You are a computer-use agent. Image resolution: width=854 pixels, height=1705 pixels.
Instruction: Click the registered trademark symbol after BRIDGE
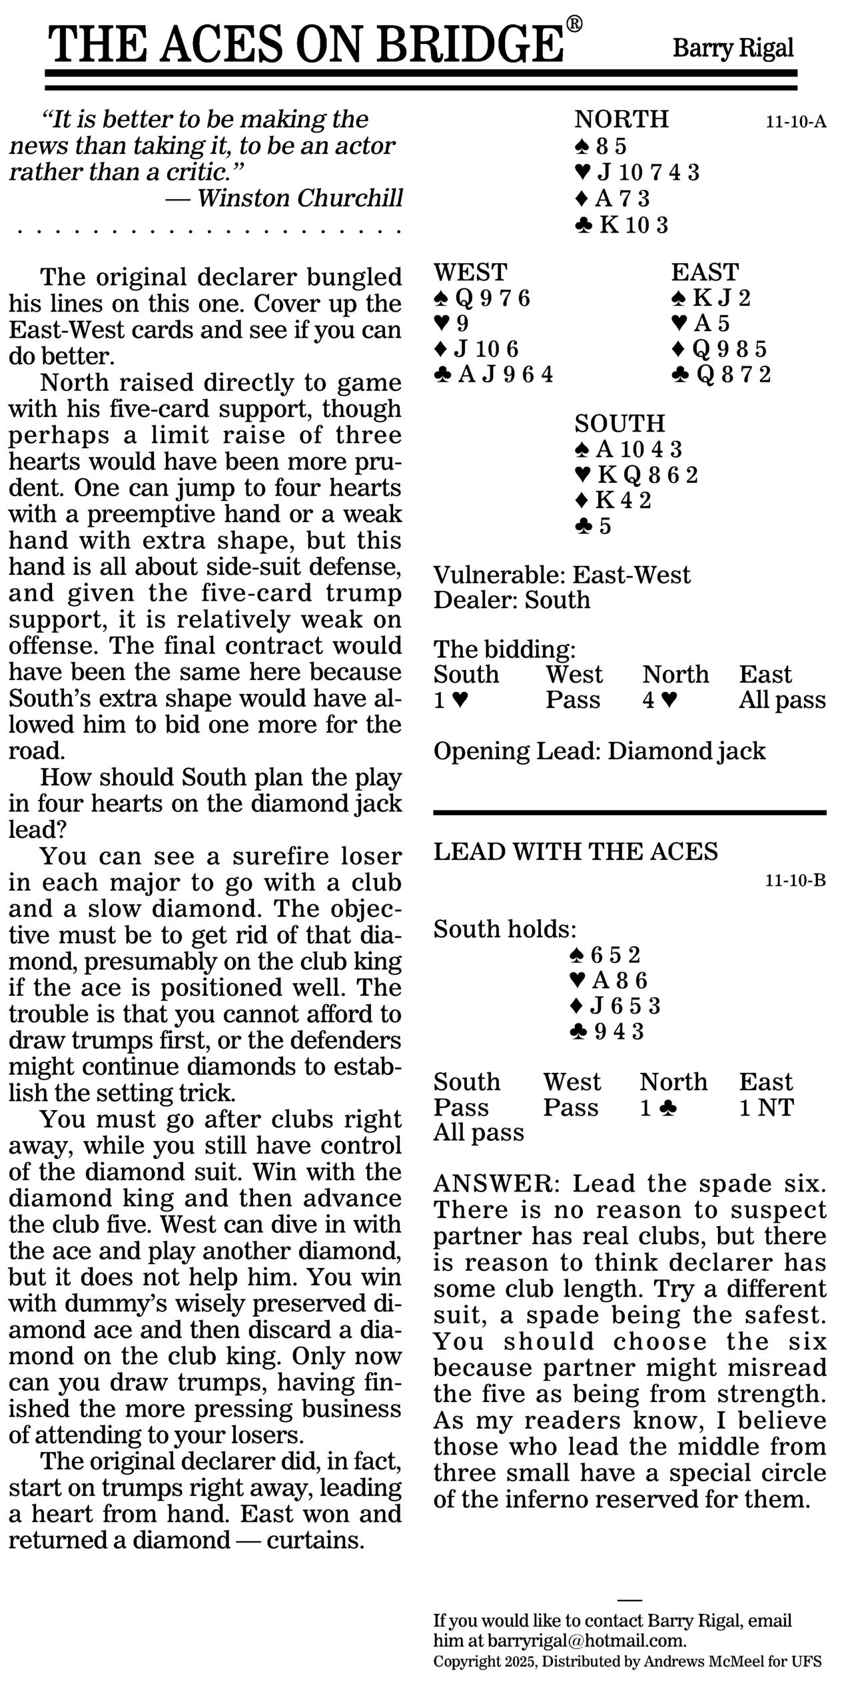click(x=574, y=25)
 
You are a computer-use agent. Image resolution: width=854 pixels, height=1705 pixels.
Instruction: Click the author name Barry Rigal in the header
click(x=733, y=49)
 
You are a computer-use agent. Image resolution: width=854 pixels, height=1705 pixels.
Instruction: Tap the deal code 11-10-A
click(x=795, y=122)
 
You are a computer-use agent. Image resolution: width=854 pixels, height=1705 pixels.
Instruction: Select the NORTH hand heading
click(x=622, y=119)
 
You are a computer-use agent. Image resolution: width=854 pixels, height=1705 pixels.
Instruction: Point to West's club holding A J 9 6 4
click(x=494, y=375)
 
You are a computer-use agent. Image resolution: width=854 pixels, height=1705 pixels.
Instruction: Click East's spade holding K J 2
click(x=711, y=298)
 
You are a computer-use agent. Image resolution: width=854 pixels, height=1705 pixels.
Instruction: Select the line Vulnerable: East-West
click(x=562, y=575)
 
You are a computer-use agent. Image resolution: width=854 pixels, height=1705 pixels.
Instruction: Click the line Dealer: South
click(x=512, y=600)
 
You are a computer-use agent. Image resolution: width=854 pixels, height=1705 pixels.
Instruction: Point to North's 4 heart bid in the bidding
click(x=659, y=700)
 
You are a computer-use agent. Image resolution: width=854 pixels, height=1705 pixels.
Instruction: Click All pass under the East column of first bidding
click(x=782, y=700)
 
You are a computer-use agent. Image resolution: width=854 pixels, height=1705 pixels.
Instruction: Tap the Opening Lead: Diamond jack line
click(x=600, y=751)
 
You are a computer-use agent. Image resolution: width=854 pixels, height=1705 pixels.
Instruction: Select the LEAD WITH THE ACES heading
click(x=576, y=852)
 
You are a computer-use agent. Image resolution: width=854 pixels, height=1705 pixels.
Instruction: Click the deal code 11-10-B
click(x=795, y=881)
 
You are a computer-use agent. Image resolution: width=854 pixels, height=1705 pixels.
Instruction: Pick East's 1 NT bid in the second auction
click(x=766, y=1108)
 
